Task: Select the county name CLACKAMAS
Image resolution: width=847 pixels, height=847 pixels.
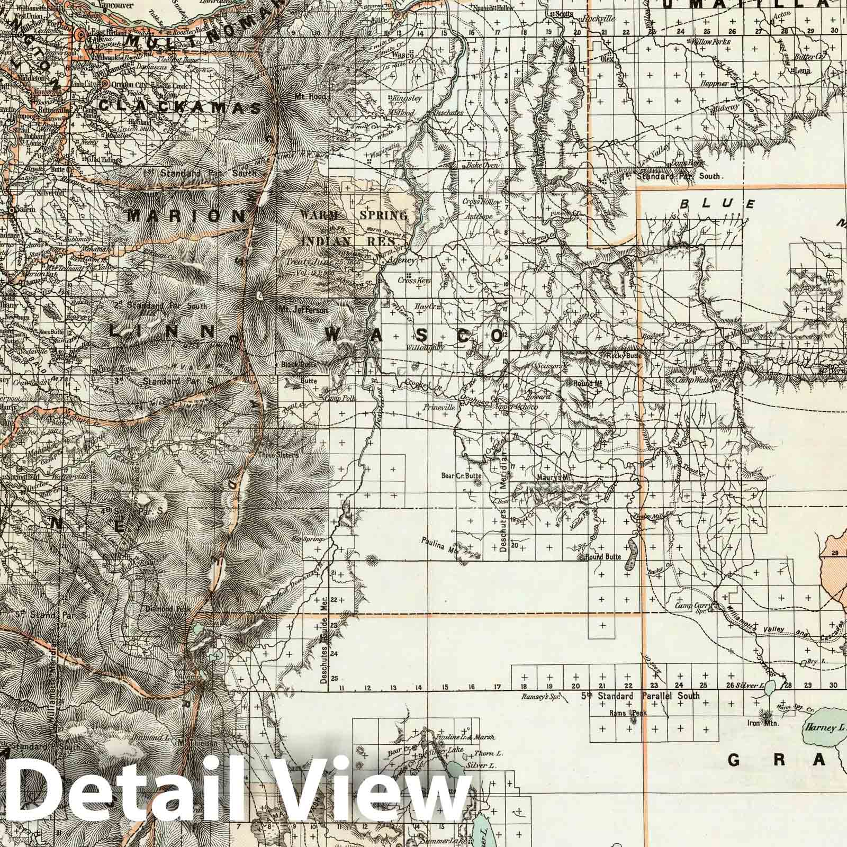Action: tap(180, 107)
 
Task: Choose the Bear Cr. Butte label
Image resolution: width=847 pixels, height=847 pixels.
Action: tap(460, 475)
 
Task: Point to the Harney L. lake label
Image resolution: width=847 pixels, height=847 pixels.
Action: tap(822, 728)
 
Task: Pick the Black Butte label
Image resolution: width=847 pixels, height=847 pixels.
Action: tap(300, 365)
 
